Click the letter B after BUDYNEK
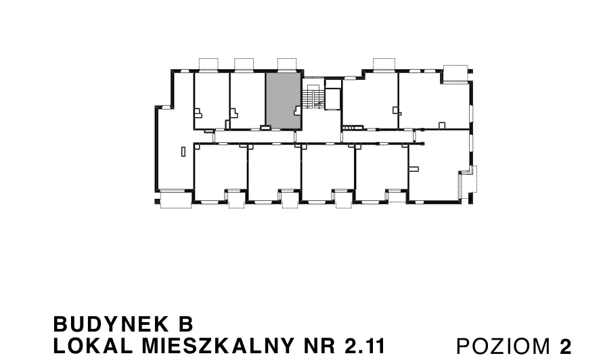(x=187, y=323)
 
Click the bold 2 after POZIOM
(x=566, y=346)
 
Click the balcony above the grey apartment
(x=287, y=64)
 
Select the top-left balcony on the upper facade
(x=208, y=64)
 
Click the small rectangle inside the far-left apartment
(x=183, y=152)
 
